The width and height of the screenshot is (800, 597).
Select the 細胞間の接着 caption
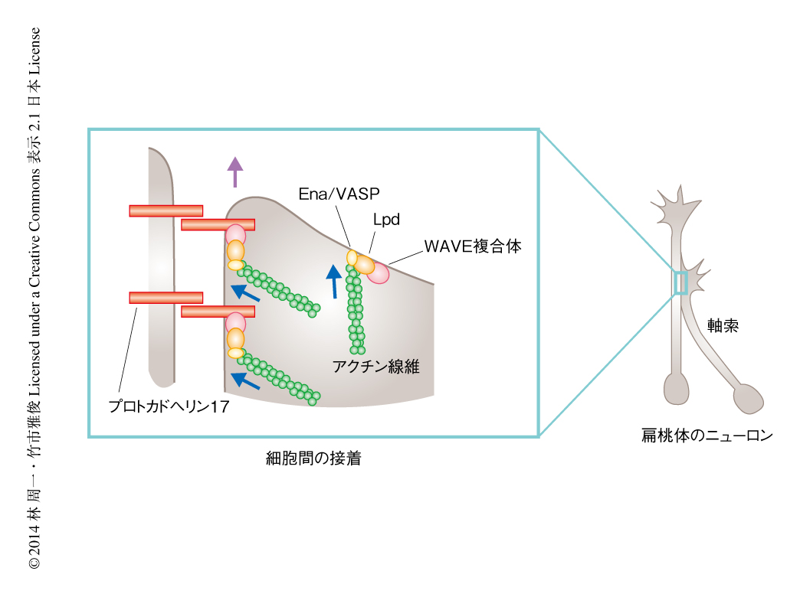coord(313,459)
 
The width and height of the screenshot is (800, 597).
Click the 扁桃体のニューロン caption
coord(707,437)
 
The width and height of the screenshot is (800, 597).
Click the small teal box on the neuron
coord(680,282)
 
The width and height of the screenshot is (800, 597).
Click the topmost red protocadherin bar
coord(166,210)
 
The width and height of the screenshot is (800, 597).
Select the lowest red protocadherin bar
coord(218,311)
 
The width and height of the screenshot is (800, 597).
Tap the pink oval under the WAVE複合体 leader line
coord(379,273)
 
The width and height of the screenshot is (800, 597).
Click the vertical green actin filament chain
coord(355,306)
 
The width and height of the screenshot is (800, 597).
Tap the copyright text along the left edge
coord(34,298)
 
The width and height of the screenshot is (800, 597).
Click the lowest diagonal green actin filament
coord(279,378)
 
